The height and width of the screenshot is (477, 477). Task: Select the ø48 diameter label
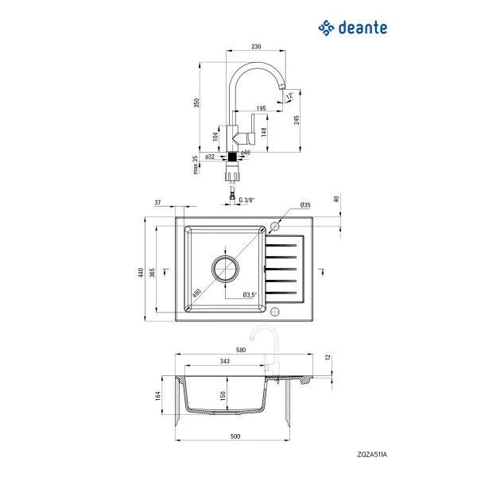[x=246, y=153]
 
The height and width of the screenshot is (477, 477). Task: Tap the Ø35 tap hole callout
[x=305, y=206]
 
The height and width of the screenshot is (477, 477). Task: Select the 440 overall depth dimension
[x=142, y=272]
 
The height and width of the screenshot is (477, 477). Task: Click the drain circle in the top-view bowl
[x=225, y=268]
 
